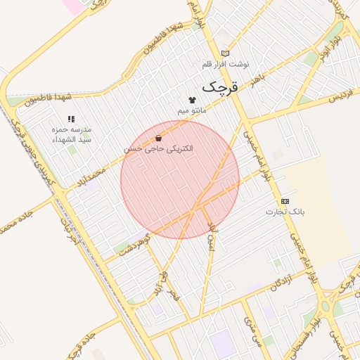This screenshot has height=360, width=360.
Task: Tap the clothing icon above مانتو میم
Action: point(192,100)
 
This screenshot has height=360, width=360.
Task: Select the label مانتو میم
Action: point(192,111)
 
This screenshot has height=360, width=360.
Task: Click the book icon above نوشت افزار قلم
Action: point(225,53)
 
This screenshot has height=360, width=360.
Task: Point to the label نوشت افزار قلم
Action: point(225,64)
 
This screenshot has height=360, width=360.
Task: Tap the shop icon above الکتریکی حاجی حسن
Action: point(159,138)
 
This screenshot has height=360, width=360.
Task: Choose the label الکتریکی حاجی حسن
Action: point(159,149)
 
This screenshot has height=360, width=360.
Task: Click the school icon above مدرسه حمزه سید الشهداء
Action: point(70,120)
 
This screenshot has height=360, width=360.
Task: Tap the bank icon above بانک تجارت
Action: point(285,200)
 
